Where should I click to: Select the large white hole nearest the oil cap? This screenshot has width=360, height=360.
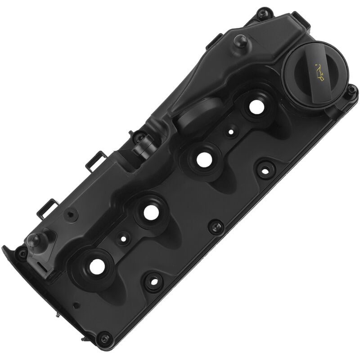pos(256,107)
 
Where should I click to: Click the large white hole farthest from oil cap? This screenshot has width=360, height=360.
pos(97,267)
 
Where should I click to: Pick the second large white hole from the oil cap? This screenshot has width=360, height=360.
pos(204,159)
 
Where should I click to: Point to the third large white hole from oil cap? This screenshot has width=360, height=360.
pos(151,213)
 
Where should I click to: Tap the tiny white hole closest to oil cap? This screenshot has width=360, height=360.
pos(231,132)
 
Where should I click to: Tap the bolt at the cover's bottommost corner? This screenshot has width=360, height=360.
pos(104,338)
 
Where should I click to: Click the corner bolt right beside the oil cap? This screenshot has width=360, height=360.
pos(351,91)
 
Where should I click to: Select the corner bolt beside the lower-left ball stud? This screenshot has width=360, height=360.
pos(21,254)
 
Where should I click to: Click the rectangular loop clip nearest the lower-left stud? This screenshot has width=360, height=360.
pos(48,208)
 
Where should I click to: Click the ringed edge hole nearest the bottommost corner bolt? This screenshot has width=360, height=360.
pos(153,281)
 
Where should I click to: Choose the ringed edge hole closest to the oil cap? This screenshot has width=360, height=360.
pos(265,170)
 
